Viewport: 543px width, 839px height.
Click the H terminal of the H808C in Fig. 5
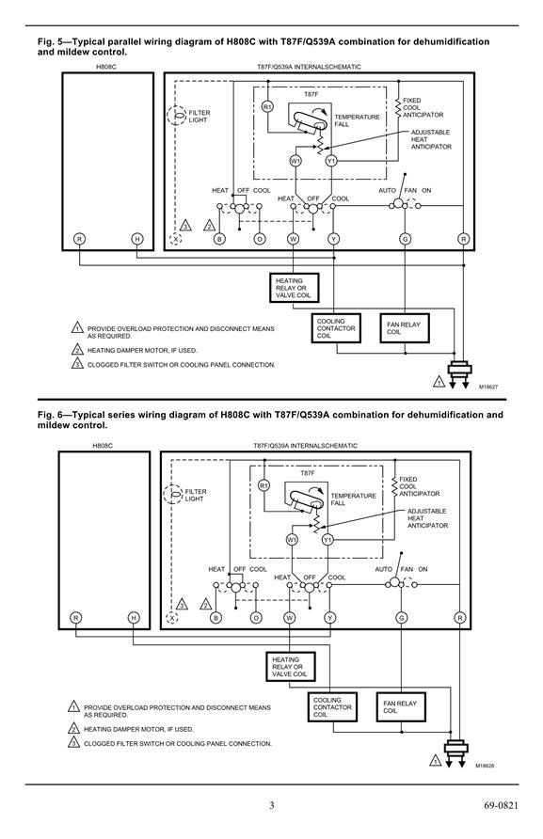pyautogui.click(x=137, y=239)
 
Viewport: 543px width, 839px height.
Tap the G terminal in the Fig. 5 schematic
pyautogui.click(x=405, y=239)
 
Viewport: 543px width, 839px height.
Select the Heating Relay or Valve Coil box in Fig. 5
pyautogui.click(x=294, y=288)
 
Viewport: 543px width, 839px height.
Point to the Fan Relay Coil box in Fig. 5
pyautogui.click(x=405, y=328)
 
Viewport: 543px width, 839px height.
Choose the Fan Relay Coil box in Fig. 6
pyautogui.click(x=401, y=706)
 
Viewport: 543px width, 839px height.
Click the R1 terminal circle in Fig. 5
pyautogui.click(x=267, y=107)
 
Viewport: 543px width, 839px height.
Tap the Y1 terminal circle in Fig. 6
pyautogui.click(x=327, y=540)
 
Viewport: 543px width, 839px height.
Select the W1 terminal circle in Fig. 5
pyautogui.click(x=295, y=161)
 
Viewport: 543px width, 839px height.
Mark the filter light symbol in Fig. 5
pyautogui.click(x=176, y=116)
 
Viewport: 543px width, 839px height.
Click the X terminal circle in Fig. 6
pyautogui.click(x=171, y=618)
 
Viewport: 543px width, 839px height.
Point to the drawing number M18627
pyautogui.click(x=488, y=387)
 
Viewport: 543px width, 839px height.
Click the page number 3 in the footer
pyautogui.click(x=271, y=805)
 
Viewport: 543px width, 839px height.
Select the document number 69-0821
pyautogui.click(x=501, y=805)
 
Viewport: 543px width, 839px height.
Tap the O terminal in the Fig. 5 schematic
pyautogui.click(x=260, y=239)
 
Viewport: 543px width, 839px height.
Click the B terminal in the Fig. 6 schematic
pyautogui.click(x=216, y=618)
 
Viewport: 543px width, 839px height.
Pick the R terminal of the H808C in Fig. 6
pyautogui.click(x=76, y=618)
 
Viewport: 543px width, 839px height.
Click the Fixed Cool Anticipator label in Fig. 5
pyautogui.click(x=423, y=107)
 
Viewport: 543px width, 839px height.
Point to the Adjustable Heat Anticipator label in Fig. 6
pyautogui.click(x=427, y=518)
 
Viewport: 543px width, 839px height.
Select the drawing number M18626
pyautogui.click(x=485, y=766)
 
